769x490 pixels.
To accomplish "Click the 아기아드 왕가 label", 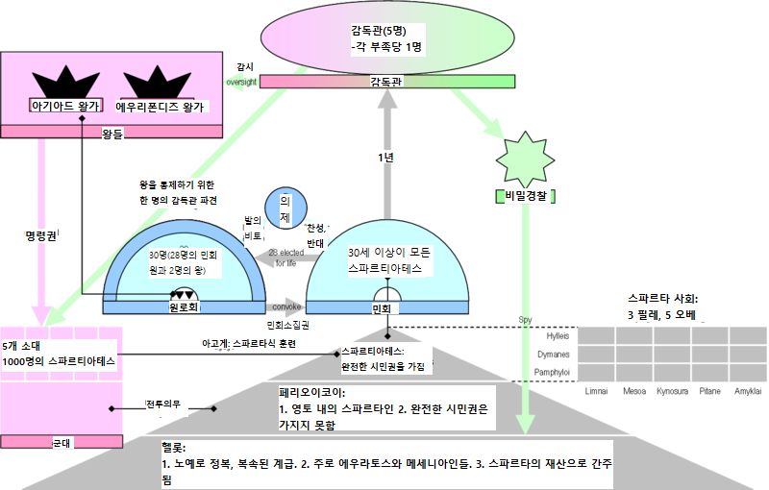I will point(64,106).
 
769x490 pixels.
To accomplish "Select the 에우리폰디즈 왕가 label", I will point(161,106).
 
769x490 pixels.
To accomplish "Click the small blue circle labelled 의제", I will point(285,209).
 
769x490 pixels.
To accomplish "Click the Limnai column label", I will point(595,392).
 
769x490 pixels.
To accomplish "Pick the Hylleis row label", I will point(558,336).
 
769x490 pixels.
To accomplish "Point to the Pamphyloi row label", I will point(552,371).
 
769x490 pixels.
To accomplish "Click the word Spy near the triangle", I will point(525,320).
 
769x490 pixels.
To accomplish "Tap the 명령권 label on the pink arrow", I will point(39,233).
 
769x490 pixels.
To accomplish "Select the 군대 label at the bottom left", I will point(62,442).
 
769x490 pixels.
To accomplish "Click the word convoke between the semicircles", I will point(286,307).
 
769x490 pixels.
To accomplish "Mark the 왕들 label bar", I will point(112,133).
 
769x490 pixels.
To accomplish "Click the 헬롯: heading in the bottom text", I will point(174,449).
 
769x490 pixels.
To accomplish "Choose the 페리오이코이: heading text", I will point(312,393).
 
